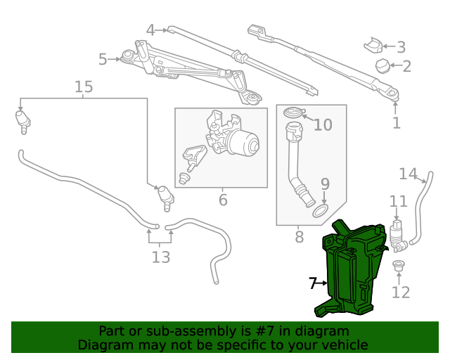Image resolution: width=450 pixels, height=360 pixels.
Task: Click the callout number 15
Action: [84, 87]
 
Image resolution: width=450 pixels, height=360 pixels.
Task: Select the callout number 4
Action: [150, 30]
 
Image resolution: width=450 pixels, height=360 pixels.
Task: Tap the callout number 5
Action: [103, 60]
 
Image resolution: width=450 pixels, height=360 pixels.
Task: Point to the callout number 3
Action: [401, 48]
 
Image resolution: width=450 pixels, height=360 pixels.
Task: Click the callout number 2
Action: [406, 67]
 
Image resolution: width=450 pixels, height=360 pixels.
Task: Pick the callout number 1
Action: [396, 123]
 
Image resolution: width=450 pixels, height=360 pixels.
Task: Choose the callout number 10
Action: [323, 125]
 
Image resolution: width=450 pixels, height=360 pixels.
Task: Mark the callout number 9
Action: [324, 184]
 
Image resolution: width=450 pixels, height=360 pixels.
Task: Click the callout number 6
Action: [223, 200]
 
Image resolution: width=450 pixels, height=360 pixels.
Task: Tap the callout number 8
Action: [299, 236]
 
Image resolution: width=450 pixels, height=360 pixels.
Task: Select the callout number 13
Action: [161, 257]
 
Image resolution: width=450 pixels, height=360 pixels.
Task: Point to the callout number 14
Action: [408, 174]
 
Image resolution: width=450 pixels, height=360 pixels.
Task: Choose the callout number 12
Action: [401, 291]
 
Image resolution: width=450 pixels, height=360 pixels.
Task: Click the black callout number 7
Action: [313, 283]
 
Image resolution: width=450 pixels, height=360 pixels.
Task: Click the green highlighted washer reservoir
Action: [352, 271]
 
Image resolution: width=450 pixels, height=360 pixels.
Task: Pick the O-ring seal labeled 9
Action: [321, 211]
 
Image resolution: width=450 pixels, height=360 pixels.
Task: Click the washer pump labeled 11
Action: [399, 234]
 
